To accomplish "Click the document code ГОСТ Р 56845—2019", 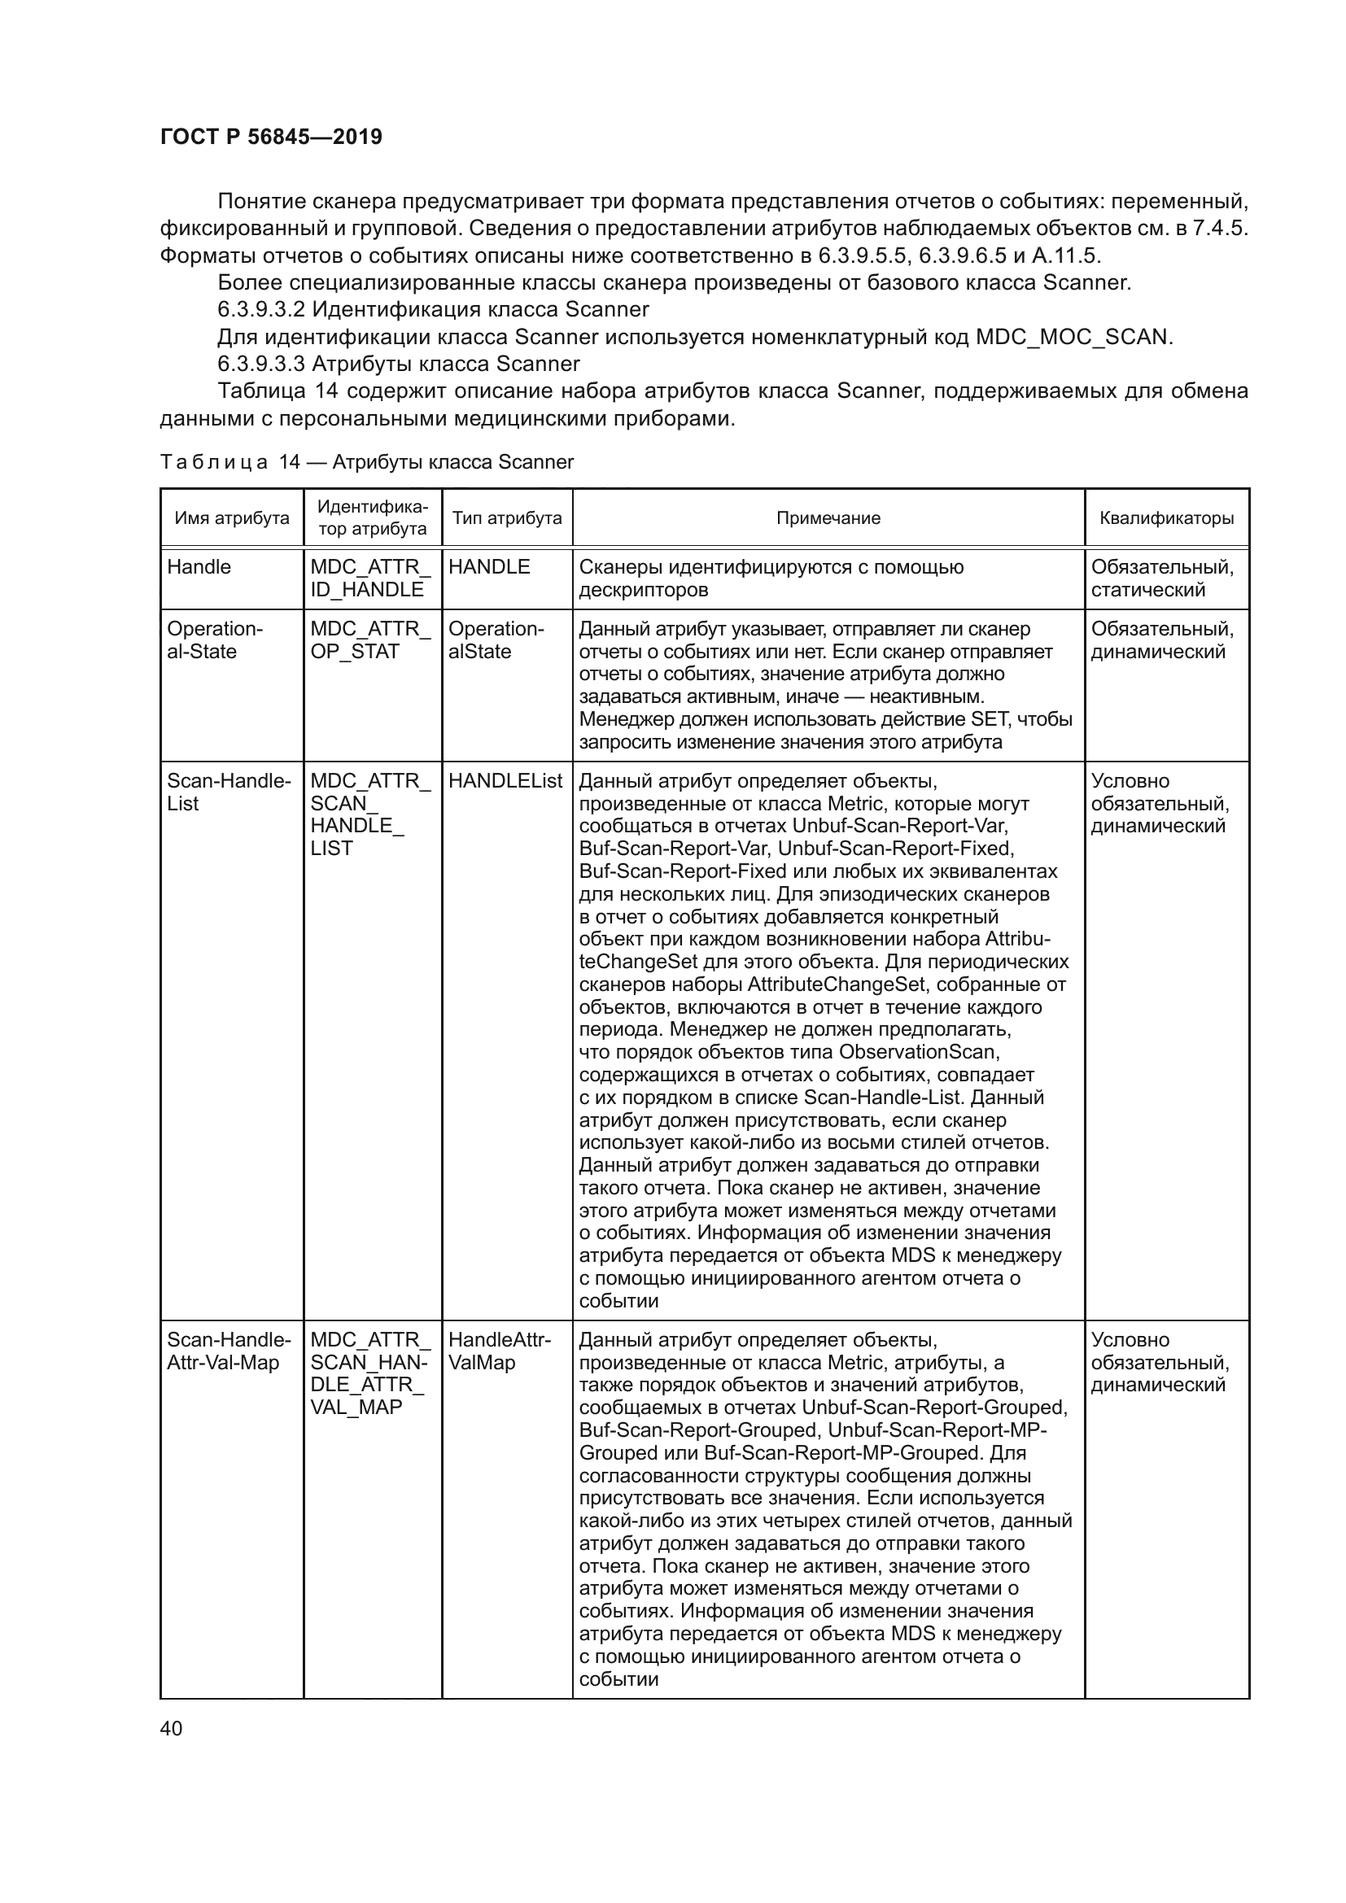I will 271,137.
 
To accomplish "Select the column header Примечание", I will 828,518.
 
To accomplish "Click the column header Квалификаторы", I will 1166,518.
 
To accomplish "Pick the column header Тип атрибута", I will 506,518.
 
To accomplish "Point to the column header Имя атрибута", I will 232,518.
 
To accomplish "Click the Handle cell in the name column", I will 199,567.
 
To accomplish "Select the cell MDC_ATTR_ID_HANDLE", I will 370,578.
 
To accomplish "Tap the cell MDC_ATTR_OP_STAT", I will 370,639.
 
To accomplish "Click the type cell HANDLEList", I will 505,781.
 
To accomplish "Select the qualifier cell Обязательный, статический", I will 1162,578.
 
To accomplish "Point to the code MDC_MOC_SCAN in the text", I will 1071,338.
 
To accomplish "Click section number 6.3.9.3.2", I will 262,310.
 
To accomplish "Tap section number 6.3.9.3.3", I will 262,364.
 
